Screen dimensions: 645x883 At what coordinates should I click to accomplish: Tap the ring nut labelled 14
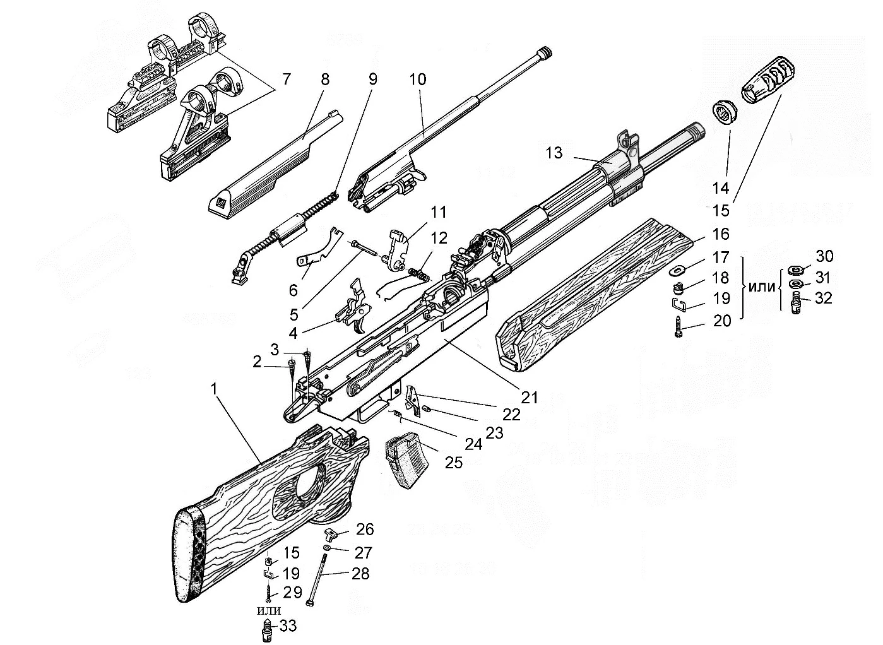pyautogui.click(x=725, y=114)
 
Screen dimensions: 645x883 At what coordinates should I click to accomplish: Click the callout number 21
pyautogui.click(x=529, y=397)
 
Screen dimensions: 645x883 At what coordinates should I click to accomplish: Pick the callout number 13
pyautogui.click(x=554, y=153)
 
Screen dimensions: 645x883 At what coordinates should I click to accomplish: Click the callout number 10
pyautogui.click(x=417, y=80)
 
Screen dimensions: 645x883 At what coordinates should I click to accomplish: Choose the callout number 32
pyautogui.click(x=823, y=298)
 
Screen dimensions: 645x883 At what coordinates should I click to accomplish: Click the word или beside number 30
pyautogui.click(x=762, y=286)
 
